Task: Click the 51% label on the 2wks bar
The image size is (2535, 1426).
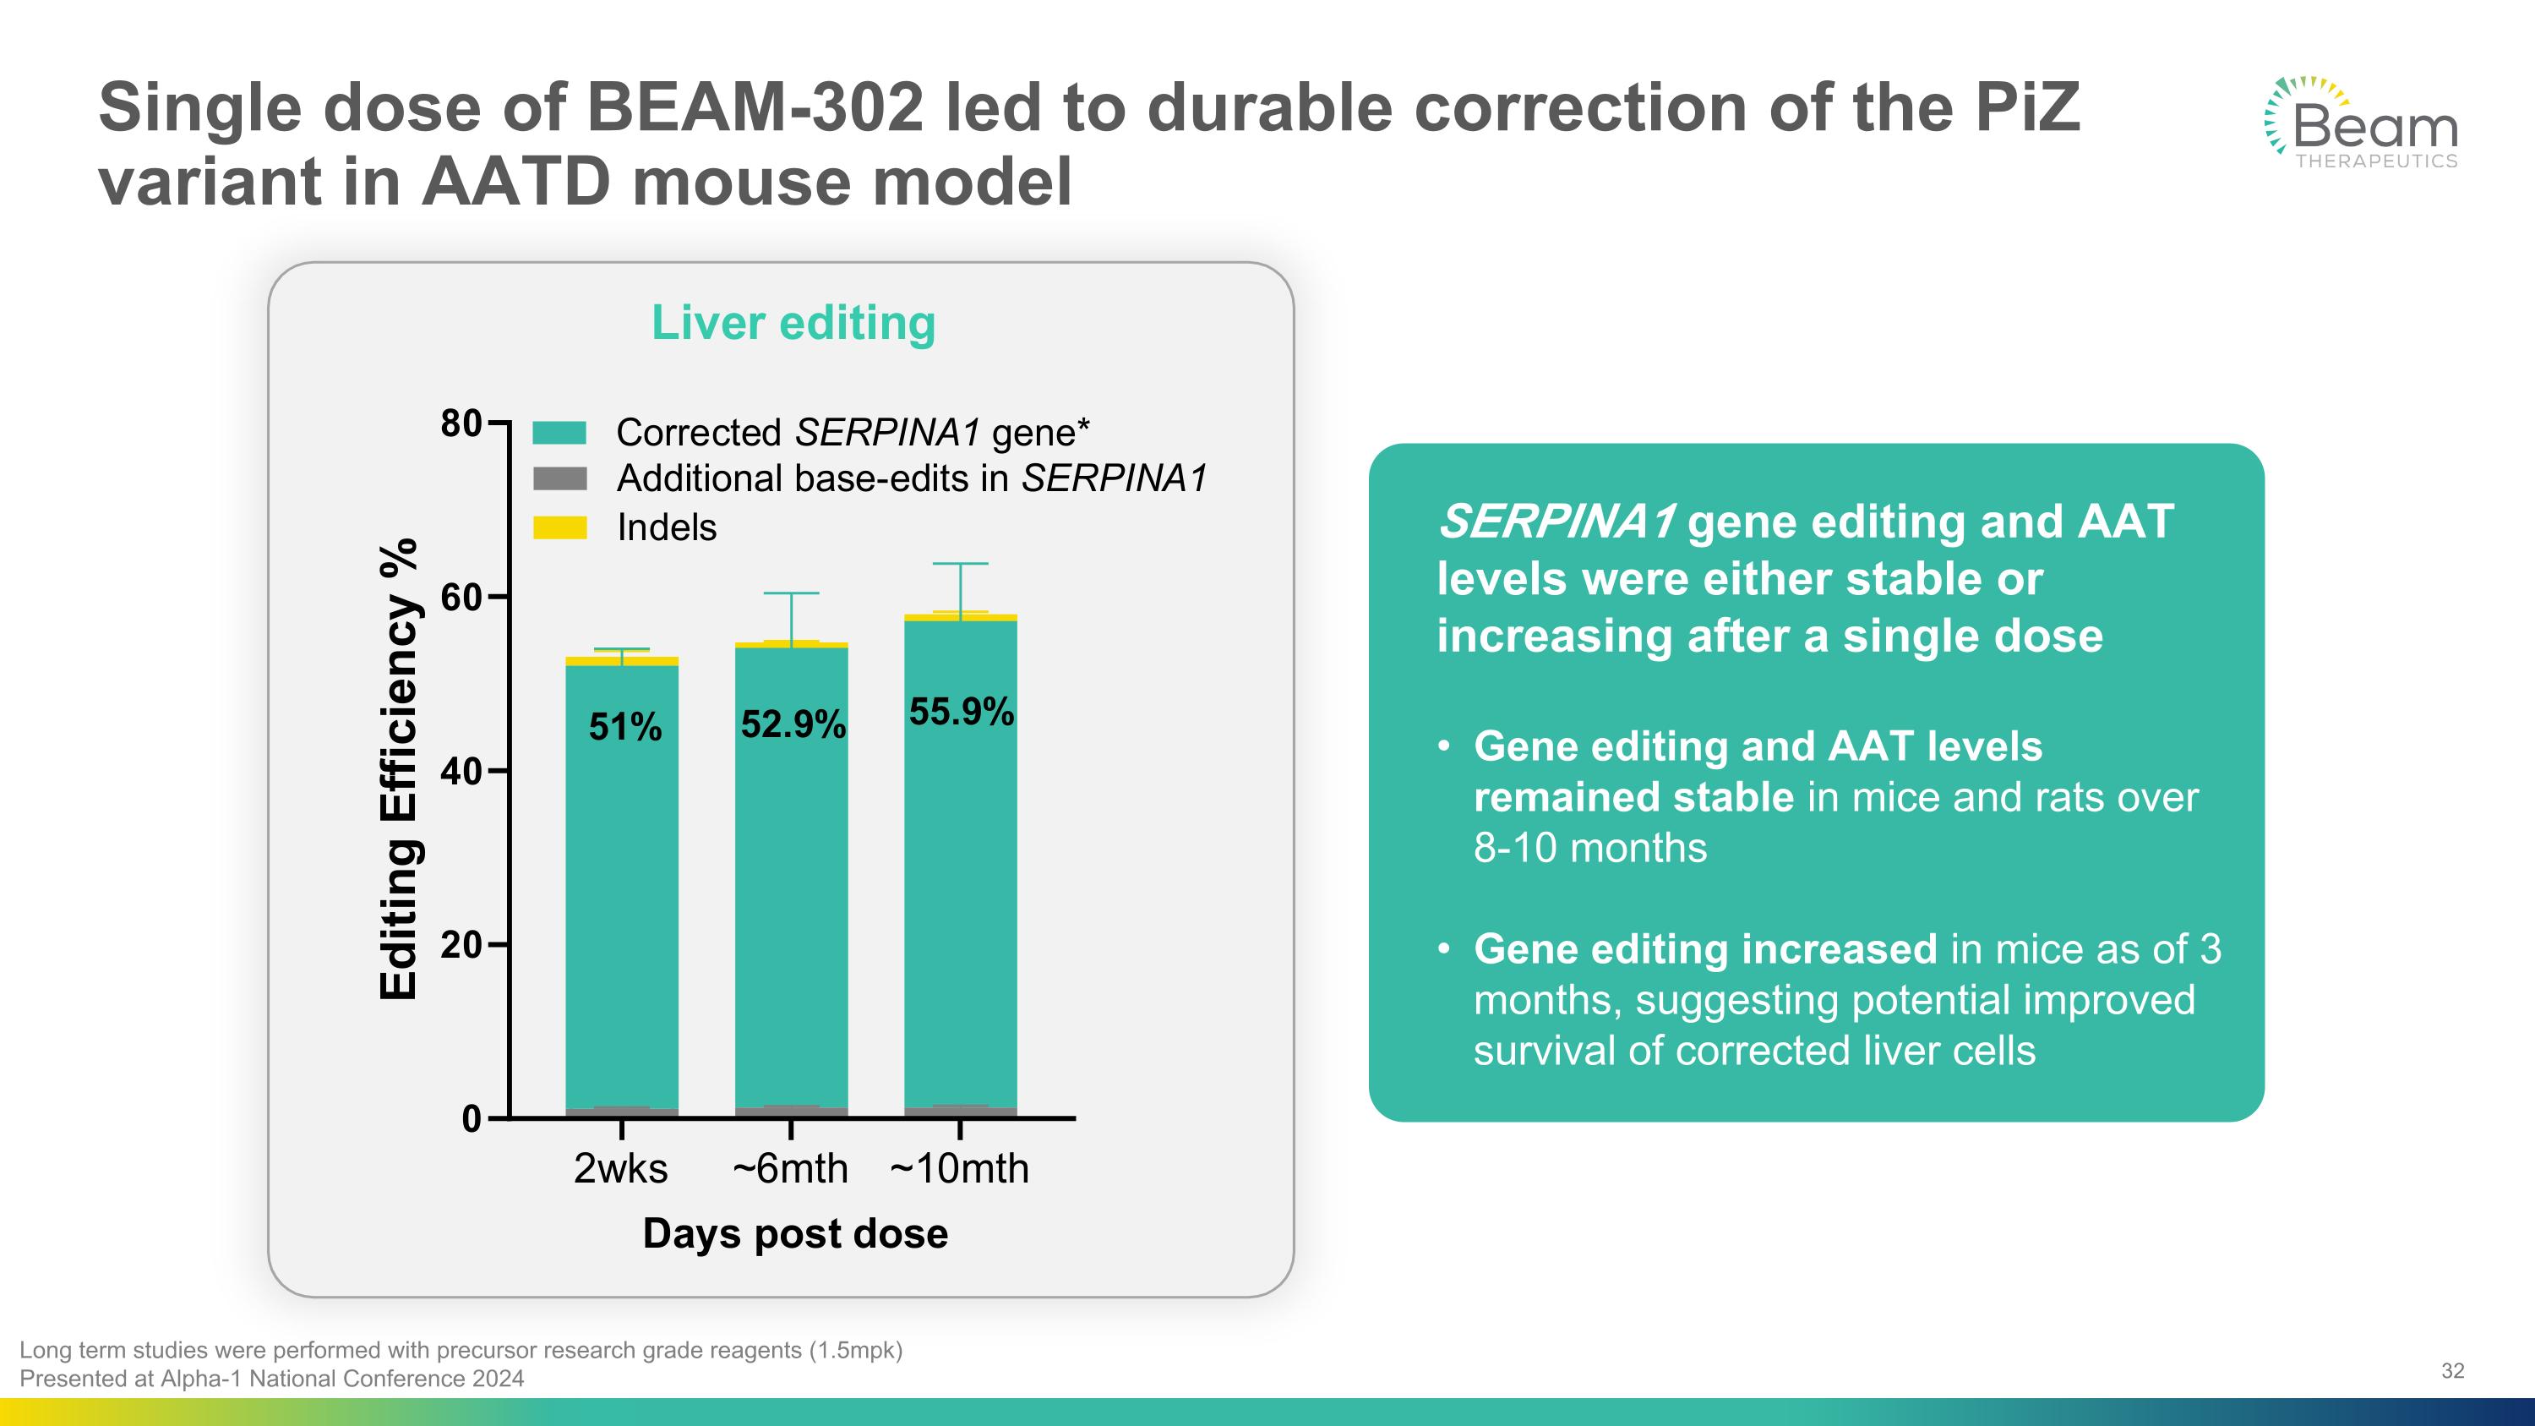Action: click(x=625, y=727)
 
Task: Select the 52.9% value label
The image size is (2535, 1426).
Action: click(x=793, y=724)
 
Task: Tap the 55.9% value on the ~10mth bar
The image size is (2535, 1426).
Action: click(x=962, y=712)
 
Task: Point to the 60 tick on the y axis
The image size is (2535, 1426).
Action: click(x=461, y=598)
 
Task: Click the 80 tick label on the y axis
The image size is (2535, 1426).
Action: click(x=461, y=424)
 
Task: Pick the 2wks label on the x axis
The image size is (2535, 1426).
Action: click(x=621, y=1169)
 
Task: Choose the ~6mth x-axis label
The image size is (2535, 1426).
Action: click(x=790, y=1169)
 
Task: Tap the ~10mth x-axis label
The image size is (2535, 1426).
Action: click(x=959, y=1169)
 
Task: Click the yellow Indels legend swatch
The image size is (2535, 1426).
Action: click(x=560, y=527)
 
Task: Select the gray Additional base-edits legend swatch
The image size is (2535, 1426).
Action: click(x=560, y=479)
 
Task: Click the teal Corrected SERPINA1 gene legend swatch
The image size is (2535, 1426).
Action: click(x=560, y=433)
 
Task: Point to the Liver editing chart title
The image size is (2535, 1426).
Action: click(x=793, y=323)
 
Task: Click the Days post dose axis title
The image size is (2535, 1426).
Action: click(x=795, y=1234)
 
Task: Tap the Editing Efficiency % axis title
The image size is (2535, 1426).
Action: click(x=399, y=769)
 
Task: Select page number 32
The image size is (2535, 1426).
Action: click(x=2452, y=1371)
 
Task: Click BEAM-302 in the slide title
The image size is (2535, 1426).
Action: click(x=755, y=108)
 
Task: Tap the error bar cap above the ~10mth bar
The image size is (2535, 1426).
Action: click(x=961, y=564)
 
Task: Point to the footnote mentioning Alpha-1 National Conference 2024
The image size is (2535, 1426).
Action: click(x=271, y=1379)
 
